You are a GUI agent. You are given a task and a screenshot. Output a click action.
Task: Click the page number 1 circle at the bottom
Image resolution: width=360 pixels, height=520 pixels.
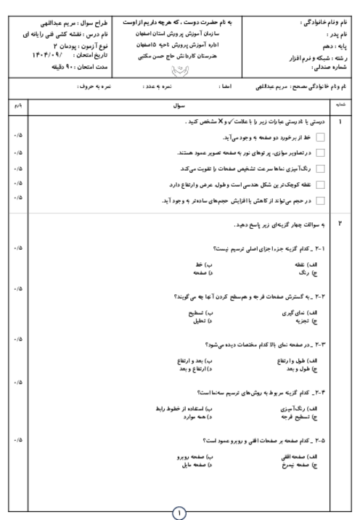coord(179,512)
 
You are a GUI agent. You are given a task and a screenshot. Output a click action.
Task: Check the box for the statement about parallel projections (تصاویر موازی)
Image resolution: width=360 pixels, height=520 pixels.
coord(320,153)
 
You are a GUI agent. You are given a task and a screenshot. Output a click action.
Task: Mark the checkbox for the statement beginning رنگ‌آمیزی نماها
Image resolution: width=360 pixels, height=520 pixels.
coord(320,168)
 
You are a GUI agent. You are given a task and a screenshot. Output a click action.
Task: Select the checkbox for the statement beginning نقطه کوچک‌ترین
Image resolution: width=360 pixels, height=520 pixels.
coord(320,184)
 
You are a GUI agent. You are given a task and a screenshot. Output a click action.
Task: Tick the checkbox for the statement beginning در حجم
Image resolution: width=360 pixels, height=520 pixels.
coord(320,200)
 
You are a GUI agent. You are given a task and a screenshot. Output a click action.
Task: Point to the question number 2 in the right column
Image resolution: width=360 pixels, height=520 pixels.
coord(340,224)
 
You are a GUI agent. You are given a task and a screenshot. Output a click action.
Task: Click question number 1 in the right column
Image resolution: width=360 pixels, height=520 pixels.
coord(340,122)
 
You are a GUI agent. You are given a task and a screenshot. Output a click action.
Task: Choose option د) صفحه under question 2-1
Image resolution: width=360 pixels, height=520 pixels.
coord(200,273)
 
